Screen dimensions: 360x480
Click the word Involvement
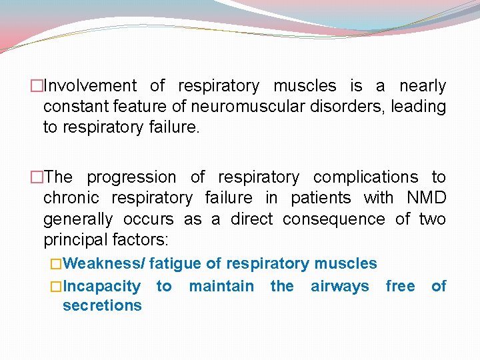(89, 86)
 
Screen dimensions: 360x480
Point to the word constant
(72, 107)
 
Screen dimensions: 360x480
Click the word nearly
(423, 86)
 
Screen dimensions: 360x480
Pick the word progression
(131, 177)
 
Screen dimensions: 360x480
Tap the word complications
(366, 177)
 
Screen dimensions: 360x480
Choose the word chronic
(71, 198)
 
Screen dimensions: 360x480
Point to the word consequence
(334, 219)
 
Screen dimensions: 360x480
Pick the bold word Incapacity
(101, 287)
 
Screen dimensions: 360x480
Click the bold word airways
(339, 287)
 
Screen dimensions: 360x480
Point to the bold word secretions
(102, 306)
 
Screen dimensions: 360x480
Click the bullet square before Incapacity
(57, 287)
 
